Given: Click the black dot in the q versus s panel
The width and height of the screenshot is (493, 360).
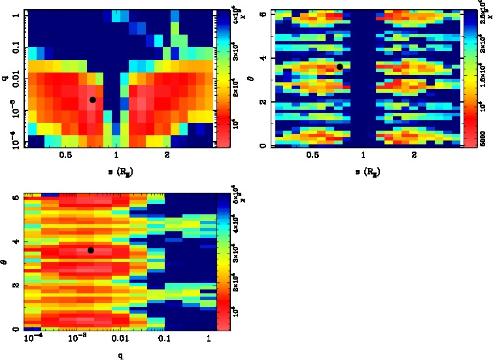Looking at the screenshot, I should (x=93, y=99).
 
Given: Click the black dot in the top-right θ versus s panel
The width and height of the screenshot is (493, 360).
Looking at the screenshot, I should (x=340, y=67).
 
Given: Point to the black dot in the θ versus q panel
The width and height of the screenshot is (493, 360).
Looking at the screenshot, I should (x=91, y=250).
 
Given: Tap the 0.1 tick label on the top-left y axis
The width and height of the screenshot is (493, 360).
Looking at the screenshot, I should (x=15, y=47).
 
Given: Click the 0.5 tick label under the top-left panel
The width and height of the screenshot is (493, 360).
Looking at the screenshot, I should (x=65, y=155).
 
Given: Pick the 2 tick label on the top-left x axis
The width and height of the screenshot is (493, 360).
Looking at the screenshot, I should (x=167, y=155).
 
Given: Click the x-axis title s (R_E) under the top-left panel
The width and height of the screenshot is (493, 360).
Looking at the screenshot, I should (x=116, y=172).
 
